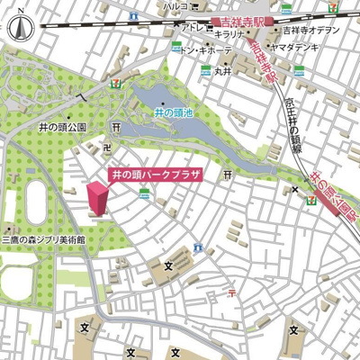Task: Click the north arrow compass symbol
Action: tap(19, 30)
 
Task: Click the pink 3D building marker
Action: tap(96, 199)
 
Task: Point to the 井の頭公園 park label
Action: tap(61, 129)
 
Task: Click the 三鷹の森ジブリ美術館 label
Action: tap(43, 240)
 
